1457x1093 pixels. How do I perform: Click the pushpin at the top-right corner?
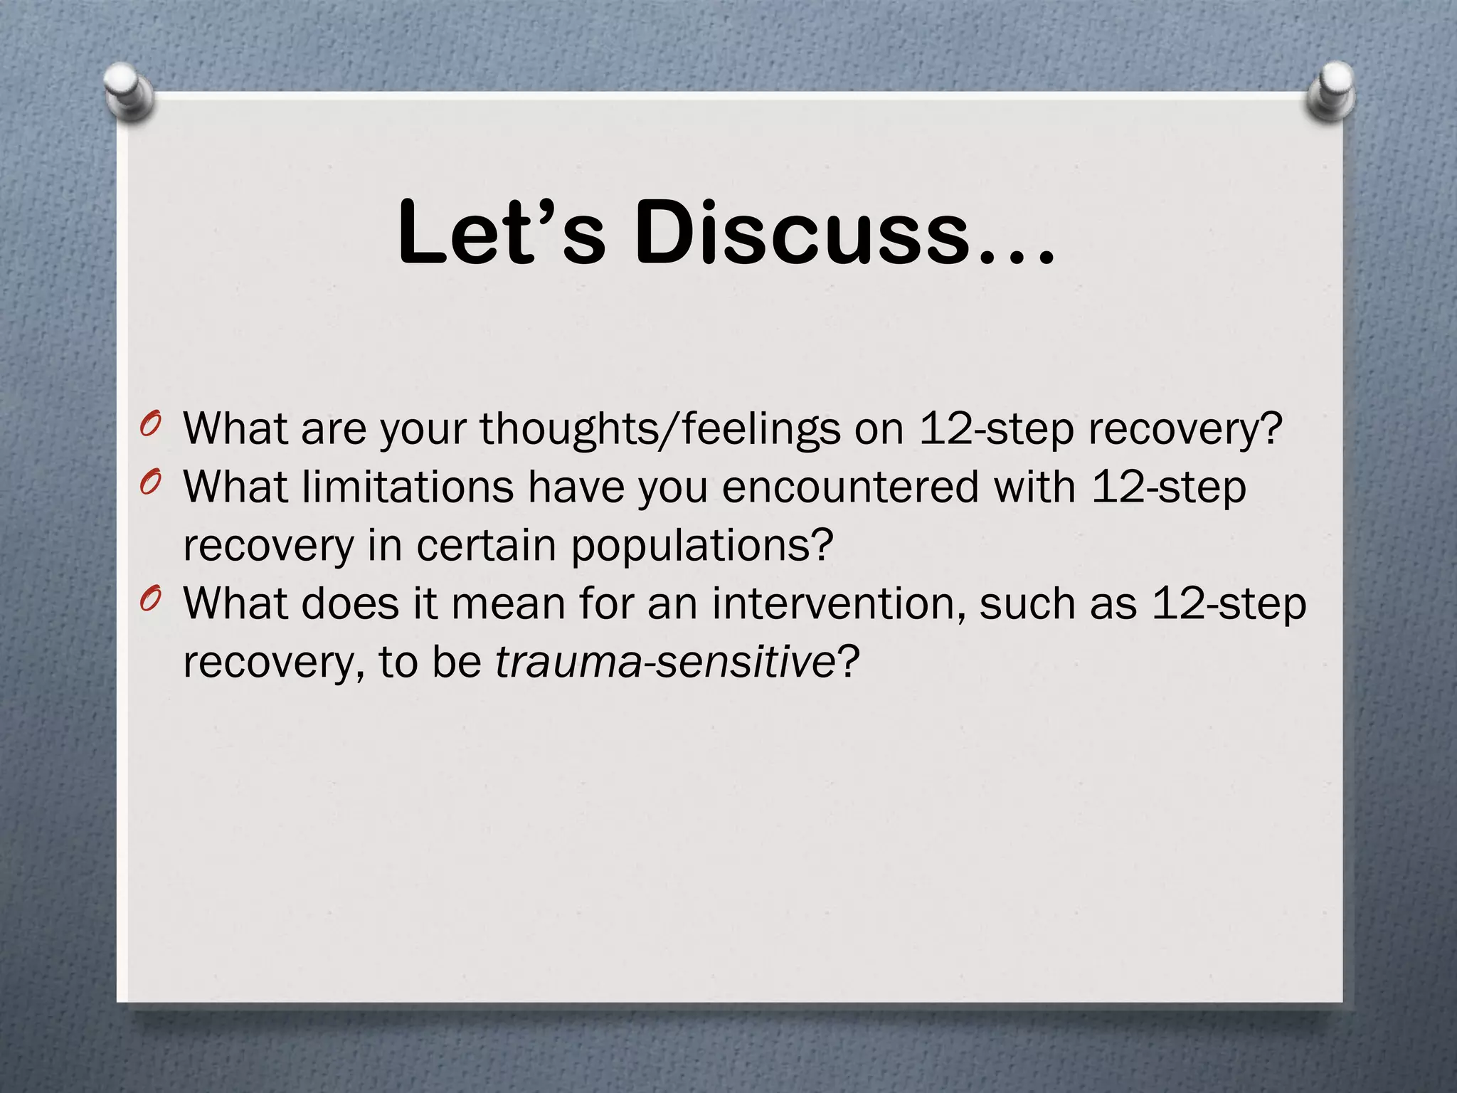[x=1331, y=92]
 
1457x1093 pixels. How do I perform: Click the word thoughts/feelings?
[x=659, y=430]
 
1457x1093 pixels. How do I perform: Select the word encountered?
[x=850, y=487]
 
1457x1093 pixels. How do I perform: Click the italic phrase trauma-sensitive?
[x=664, y=662]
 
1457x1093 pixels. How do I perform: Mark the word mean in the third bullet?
[x=508, y=604]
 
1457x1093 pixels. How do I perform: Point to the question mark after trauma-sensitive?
[x=848, y=662]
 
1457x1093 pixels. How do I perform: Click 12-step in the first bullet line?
[x=996, y=429]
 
